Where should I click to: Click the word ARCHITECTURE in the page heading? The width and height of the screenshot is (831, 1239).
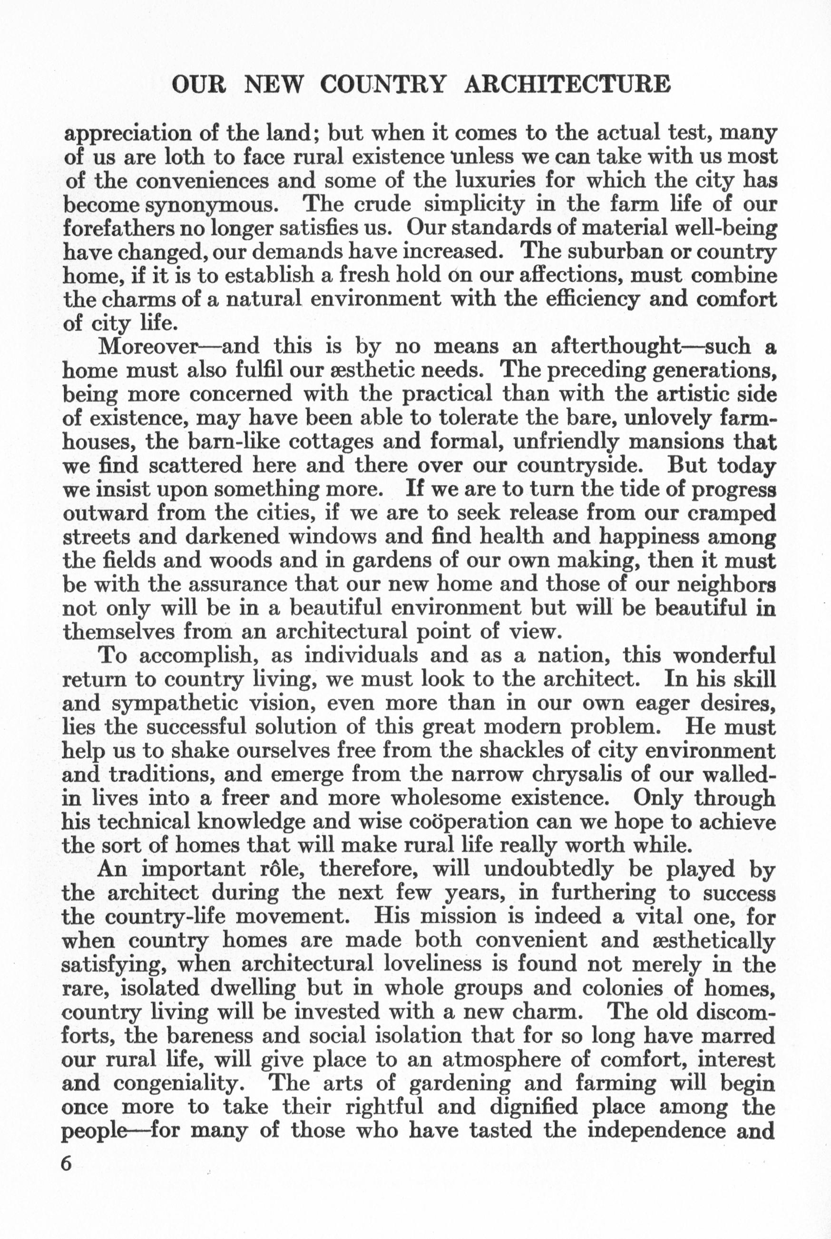[567, 85]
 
